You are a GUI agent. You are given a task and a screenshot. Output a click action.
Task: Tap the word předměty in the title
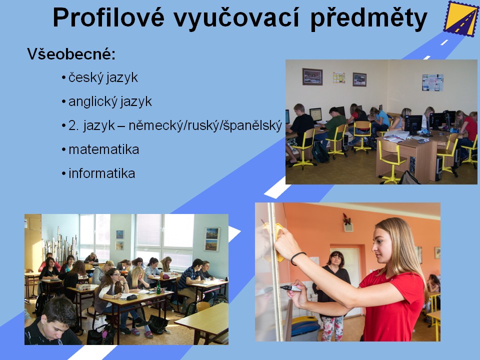point(368,18)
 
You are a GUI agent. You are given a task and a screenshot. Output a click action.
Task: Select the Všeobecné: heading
point(71,54)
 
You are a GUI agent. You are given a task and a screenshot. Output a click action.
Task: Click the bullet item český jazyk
point(103,77)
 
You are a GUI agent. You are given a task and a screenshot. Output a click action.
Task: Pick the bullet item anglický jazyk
point(110,101)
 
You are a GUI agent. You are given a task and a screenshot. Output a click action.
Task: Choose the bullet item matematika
point(104,149)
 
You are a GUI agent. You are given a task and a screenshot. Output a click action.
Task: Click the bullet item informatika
point(101,173)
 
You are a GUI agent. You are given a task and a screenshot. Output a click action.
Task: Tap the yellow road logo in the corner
point(460,18)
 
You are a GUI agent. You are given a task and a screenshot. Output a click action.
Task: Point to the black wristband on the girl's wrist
point(297,258)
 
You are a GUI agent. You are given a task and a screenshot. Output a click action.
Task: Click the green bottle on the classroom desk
point(158,287)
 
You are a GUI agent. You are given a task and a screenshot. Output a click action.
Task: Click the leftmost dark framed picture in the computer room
point(312,76)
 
